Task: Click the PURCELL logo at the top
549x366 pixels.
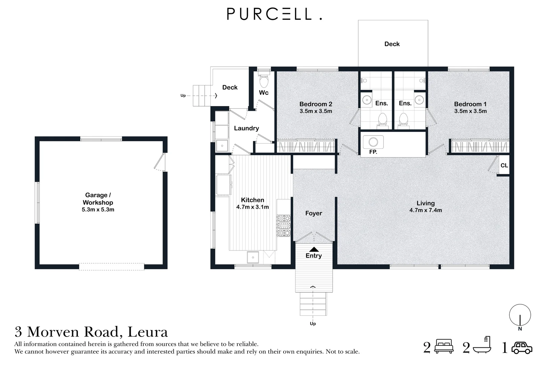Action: [274, 14]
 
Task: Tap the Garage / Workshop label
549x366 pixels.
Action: [98, 199]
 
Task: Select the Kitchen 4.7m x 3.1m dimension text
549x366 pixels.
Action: [252, 207]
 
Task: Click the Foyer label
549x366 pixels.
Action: [314, 213]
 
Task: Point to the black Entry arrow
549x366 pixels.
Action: [314, 249]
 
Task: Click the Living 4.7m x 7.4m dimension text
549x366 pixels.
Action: [426, 210]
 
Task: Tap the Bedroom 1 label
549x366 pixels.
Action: [470, 104]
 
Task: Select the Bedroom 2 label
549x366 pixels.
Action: [316, 104]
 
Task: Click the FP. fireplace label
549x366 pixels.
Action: [373, 152]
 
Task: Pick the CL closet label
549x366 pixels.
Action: [504, 166]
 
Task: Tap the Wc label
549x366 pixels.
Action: [264, 93]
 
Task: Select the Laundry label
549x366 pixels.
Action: [246, 128]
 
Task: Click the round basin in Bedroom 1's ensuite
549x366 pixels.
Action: [419, 100]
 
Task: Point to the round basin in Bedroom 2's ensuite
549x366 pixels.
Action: [367, 100]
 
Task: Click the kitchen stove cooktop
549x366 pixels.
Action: [284, 225]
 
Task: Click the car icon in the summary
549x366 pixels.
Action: [522, 348]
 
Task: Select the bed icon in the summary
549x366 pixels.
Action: [444, 346]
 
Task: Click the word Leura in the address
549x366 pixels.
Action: [148, 332]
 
